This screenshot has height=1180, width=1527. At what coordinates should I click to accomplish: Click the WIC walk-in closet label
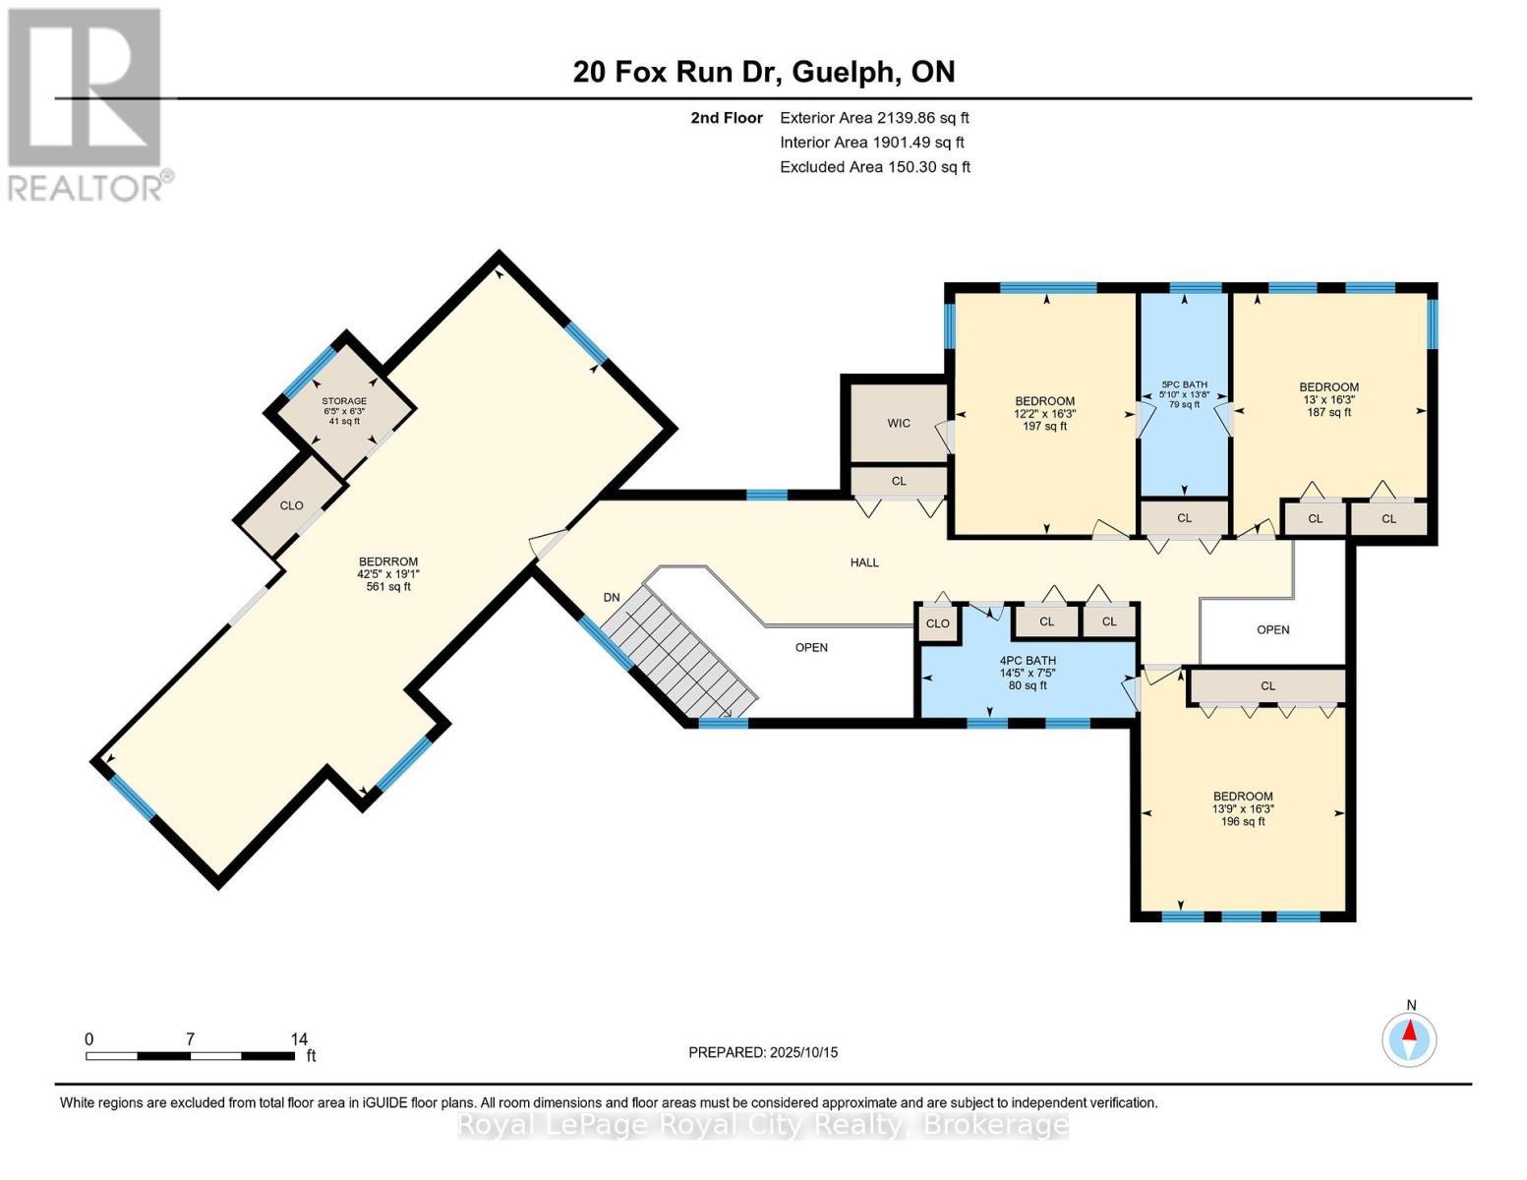899,423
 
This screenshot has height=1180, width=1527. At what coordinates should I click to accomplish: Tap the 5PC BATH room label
1184,384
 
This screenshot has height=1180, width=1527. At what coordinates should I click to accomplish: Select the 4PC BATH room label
1028,661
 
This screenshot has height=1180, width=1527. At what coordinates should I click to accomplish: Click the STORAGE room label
344,401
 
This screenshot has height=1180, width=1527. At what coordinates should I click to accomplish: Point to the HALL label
864,562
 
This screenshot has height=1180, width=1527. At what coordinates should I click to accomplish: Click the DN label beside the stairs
612,597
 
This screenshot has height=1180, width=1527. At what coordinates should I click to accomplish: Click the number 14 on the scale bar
299,1038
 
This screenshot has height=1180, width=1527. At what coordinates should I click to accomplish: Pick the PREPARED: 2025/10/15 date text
763,1052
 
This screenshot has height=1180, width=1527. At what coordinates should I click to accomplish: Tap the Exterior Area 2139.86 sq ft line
874,117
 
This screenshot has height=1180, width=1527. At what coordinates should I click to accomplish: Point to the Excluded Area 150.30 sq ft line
875,167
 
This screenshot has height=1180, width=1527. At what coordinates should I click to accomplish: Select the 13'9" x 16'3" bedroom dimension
1243,809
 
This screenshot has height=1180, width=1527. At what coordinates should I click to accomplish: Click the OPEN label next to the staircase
811,647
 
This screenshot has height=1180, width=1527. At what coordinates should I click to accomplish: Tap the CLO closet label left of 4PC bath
937,623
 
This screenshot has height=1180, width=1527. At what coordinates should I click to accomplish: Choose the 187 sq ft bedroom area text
1328,412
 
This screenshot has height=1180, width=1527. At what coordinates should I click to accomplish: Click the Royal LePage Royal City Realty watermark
763,1125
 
